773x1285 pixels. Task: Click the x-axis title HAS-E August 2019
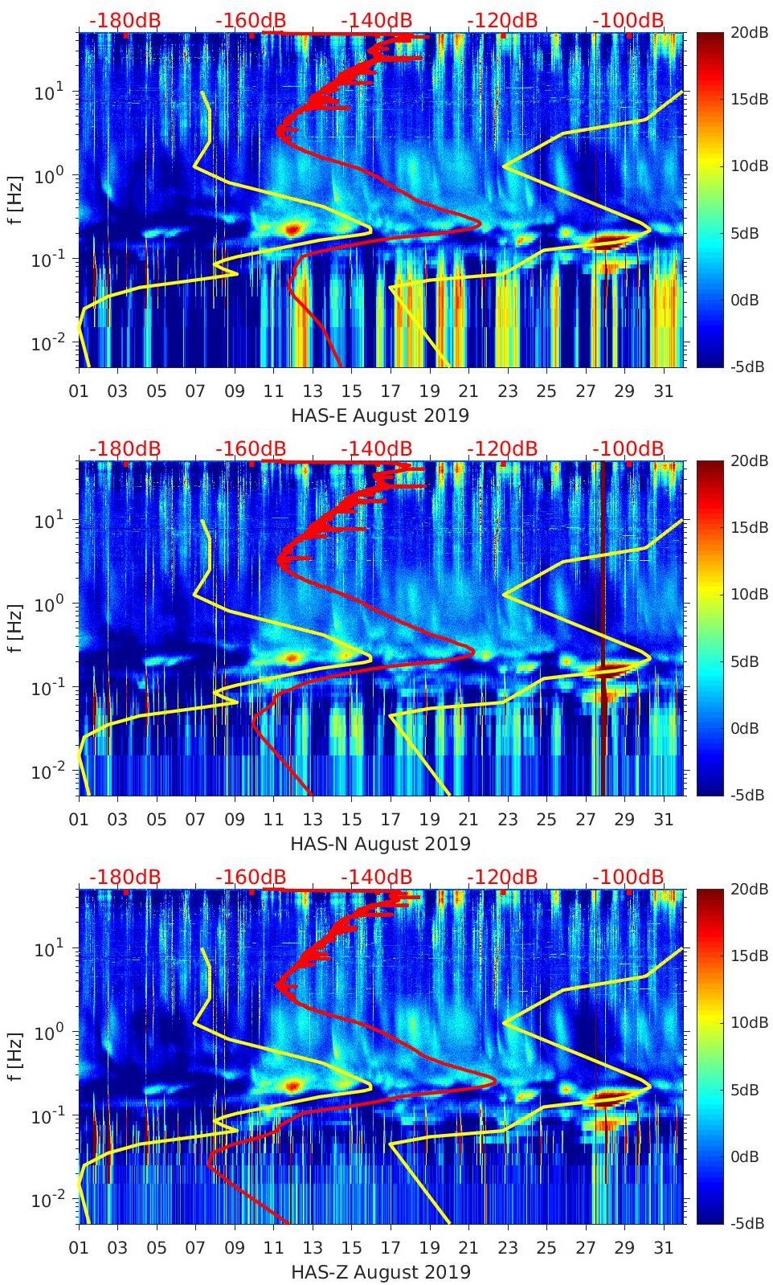point(380,415)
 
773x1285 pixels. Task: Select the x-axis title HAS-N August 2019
point(380,844)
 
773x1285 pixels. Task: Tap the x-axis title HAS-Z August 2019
point(380,1272)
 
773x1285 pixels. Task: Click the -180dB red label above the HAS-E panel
point(125,21)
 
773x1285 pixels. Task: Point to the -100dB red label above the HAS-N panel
point(628,448)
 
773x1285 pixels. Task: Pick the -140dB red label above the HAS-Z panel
point(377,877)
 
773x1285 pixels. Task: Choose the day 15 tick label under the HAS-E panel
point(351,391)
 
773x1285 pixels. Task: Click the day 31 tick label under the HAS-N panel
point(663,820)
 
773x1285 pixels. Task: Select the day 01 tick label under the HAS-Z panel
point(79,1248)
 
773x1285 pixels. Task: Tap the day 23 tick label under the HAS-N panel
point(507,820)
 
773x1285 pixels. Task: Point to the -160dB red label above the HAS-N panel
point(251,448)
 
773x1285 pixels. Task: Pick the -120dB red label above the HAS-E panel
point(502,21)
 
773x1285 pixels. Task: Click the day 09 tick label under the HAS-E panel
point(235,391)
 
